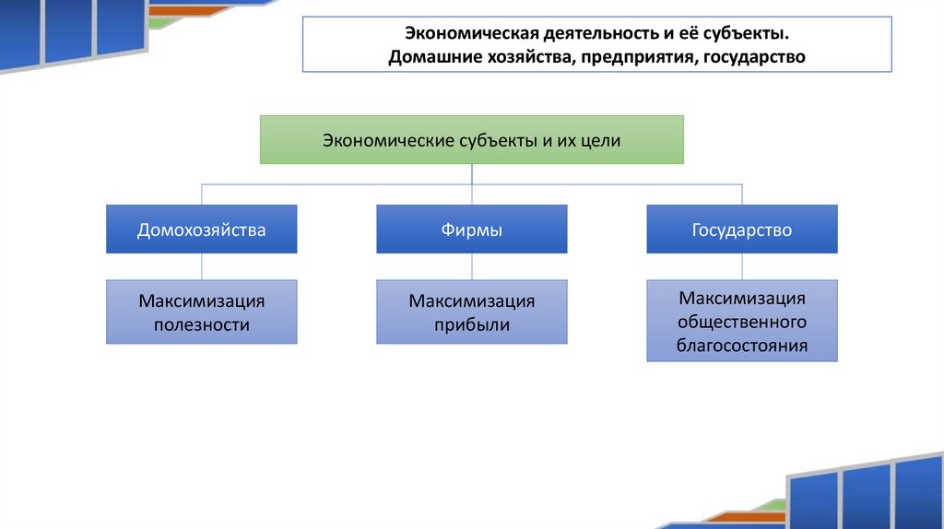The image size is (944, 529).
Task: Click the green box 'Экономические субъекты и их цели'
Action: coord(471,140)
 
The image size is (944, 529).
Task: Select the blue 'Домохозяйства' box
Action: coord(202,229)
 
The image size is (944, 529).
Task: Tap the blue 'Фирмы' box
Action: coord(471,229)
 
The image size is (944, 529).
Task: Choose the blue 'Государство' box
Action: coord(742,229)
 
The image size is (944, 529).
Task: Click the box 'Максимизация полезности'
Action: coord(202,312)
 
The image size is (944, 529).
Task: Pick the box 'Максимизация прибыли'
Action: coord(471,312)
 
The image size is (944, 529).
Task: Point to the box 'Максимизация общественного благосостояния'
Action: coord(742,322)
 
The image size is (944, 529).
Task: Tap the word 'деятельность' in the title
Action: coord(580,33)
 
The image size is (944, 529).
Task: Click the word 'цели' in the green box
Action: coord(601,141)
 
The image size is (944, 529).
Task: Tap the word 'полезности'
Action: coord(202,324)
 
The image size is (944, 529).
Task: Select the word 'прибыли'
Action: coord(472,324)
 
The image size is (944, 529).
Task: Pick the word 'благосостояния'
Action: coord(742,347)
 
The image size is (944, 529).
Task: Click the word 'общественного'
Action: coord(742,323)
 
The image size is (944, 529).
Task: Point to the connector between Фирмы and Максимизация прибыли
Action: coord(472,266)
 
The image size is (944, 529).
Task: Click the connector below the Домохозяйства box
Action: coord(202,266)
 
